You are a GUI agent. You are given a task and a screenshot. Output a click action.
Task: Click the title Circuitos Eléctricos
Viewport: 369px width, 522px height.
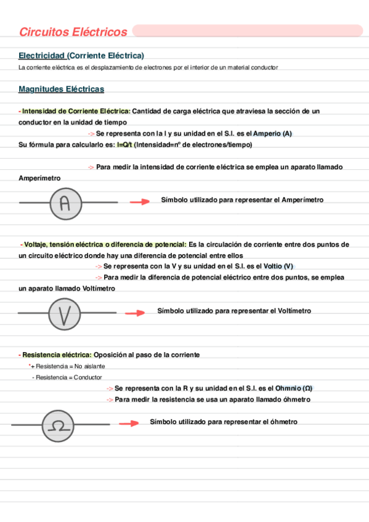coord(73,32)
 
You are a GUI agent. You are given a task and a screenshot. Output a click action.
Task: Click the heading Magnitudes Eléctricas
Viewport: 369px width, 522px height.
coord(62,89)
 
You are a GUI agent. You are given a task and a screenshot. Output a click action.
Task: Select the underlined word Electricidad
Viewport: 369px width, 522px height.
coord(41,55)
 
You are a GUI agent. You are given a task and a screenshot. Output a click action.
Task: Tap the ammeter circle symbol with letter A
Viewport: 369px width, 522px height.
coord(65,203)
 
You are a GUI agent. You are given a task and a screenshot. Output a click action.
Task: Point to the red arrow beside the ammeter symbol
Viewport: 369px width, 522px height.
coord(140,201)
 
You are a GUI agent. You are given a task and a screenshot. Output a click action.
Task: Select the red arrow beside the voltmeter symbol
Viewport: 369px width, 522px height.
coord(135,313)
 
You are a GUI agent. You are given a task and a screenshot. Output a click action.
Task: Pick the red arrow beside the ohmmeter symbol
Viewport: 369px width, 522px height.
coord(129,424)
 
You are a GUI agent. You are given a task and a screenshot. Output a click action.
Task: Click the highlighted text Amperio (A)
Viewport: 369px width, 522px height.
coord(273,134)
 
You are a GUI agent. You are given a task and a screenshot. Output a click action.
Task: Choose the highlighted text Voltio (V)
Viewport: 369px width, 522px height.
coord(278,266)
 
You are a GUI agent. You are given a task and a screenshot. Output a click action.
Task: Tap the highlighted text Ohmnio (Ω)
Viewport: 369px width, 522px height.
coord(294,388)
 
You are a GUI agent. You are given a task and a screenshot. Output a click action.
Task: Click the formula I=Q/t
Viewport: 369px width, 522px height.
coord(124,145)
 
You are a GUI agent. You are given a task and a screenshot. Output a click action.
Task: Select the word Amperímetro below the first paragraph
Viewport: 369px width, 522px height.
coord(40,178)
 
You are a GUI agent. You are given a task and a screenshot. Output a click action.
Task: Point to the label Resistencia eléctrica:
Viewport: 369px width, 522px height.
coord(57,355)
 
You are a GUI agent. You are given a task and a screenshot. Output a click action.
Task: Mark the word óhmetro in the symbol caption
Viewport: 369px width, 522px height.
coord(280,422)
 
